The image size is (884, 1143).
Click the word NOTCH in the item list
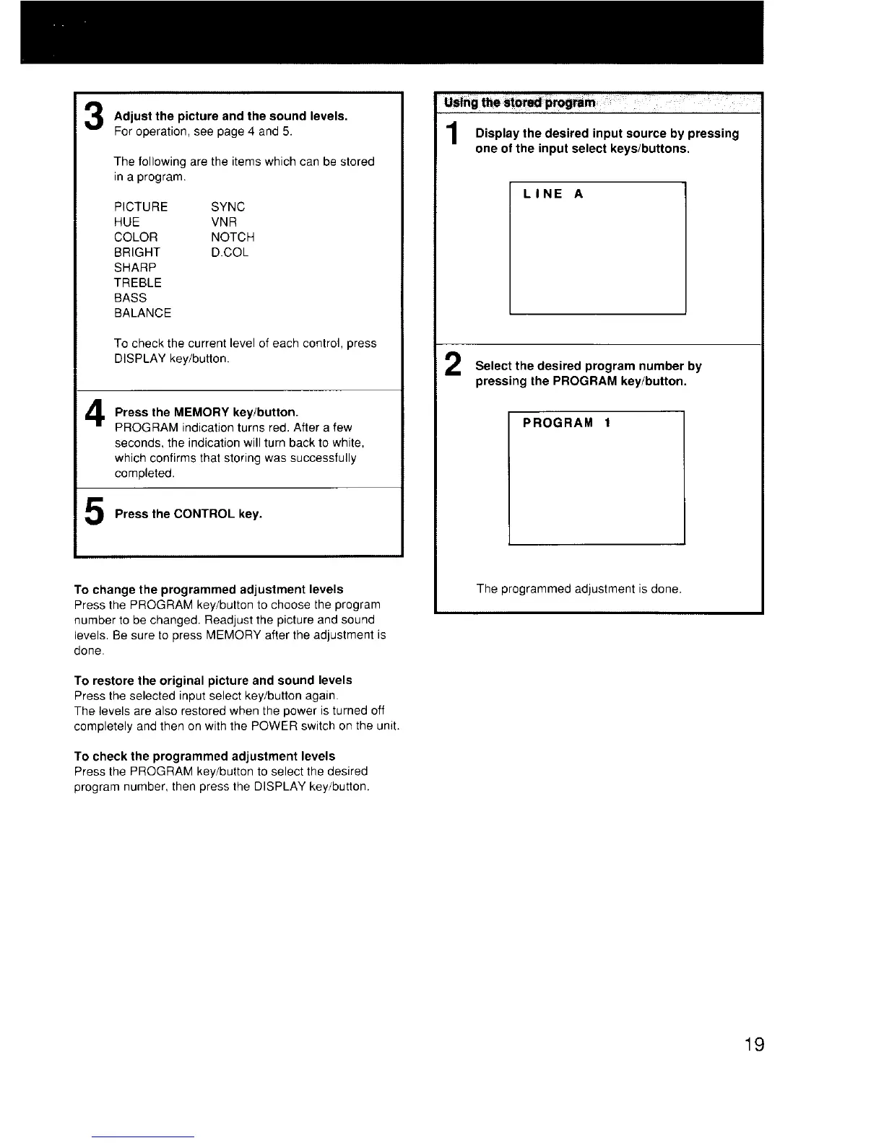point(233,237)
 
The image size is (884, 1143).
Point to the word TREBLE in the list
point(138,283)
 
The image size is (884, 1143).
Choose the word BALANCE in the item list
point(142,313)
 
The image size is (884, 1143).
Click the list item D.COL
point(230,253)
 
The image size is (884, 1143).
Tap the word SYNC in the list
point(228,207)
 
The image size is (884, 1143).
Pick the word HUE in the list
point(126,222)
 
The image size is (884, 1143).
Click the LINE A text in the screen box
point(553,194)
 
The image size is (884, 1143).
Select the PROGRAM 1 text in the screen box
point(567,423)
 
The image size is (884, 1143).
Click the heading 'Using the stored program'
point(520,102)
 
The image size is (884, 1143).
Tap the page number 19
point(753,1044)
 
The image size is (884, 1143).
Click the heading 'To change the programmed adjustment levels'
point(209,590)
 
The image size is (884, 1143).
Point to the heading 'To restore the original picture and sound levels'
point(213,680)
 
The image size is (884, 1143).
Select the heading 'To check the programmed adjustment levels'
point(204,756)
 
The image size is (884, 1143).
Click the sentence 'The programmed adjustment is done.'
point(578,590)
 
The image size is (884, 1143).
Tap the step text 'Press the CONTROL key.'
point(188,514)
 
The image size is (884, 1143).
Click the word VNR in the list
point(224,222)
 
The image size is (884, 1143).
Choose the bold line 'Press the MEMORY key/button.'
point(207,413)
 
